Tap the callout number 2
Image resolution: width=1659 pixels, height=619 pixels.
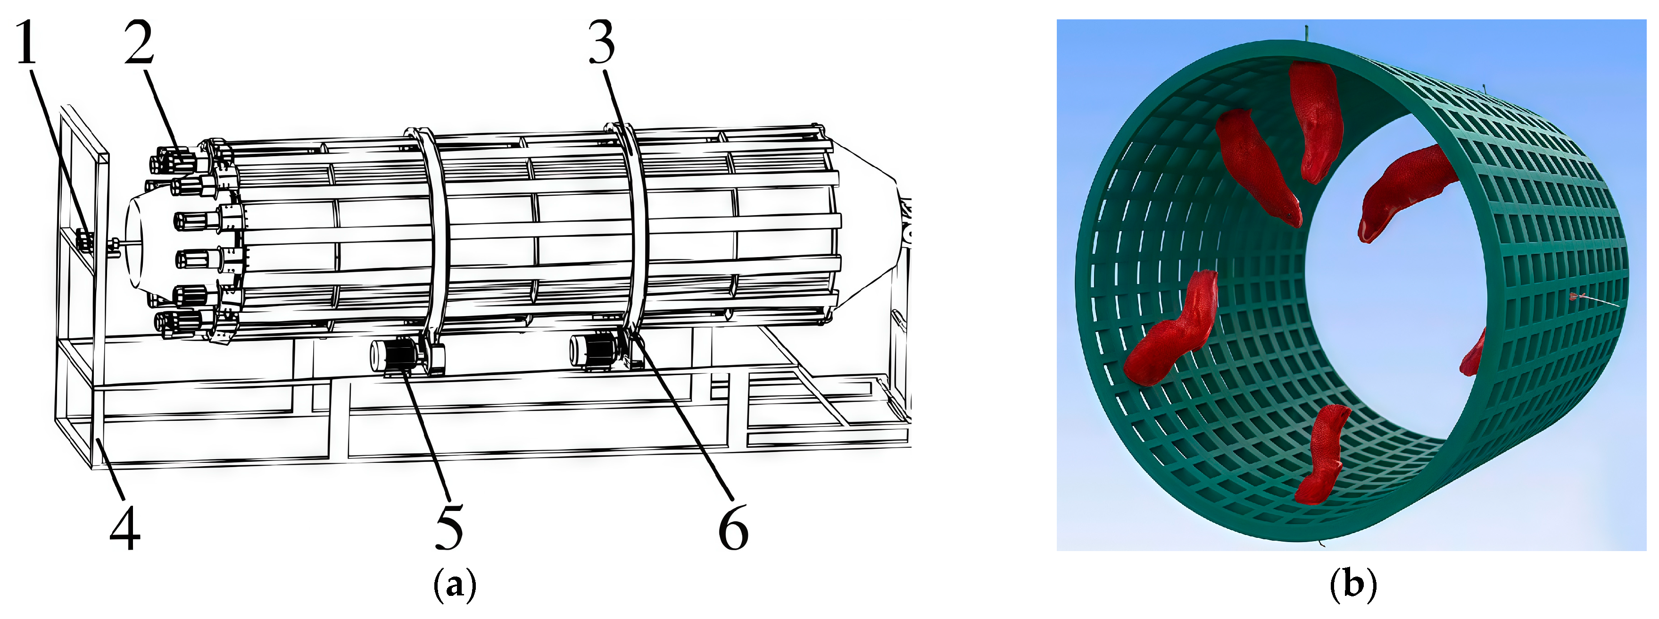click(139, 42)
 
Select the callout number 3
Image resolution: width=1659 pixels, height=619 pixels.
click(602, 42)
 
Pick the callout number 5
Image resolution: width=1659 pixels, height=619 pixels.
click(449, 527)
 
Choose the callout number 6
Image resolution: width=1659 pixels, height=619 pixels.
click(733, 527)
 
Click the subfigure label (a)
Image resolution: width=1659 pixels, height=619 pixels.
click(456, 585)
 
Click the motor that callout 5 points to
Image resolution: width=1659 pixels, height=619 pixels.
click(394, 356)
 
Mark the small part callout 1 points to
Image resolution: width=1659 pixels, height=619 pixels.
click(84, 241)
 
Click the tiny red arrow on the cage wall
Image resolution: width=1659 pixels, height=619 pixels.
click(1576, 296)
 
